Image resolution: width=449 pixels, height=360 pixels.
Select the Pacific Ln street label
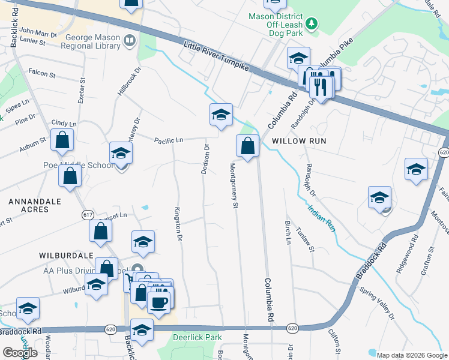(x=168, y=140)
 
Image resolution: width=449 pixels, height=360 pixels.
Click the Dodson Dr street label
(x=205, y=160)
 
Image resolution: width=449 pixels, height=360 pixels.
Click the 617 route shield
(x=88, y=214)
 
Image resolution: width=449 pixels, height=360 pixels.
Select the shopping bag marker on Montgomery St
(x=248, y=145)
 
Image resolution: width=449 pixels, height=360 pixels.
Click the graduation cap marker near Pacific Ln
(x=221, y=114)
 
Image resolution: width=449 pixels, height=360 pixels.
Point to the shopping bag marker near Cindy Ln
(x=62, y=140)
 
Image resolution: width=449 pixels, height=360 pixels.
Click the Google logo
(x=20, y=352)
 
